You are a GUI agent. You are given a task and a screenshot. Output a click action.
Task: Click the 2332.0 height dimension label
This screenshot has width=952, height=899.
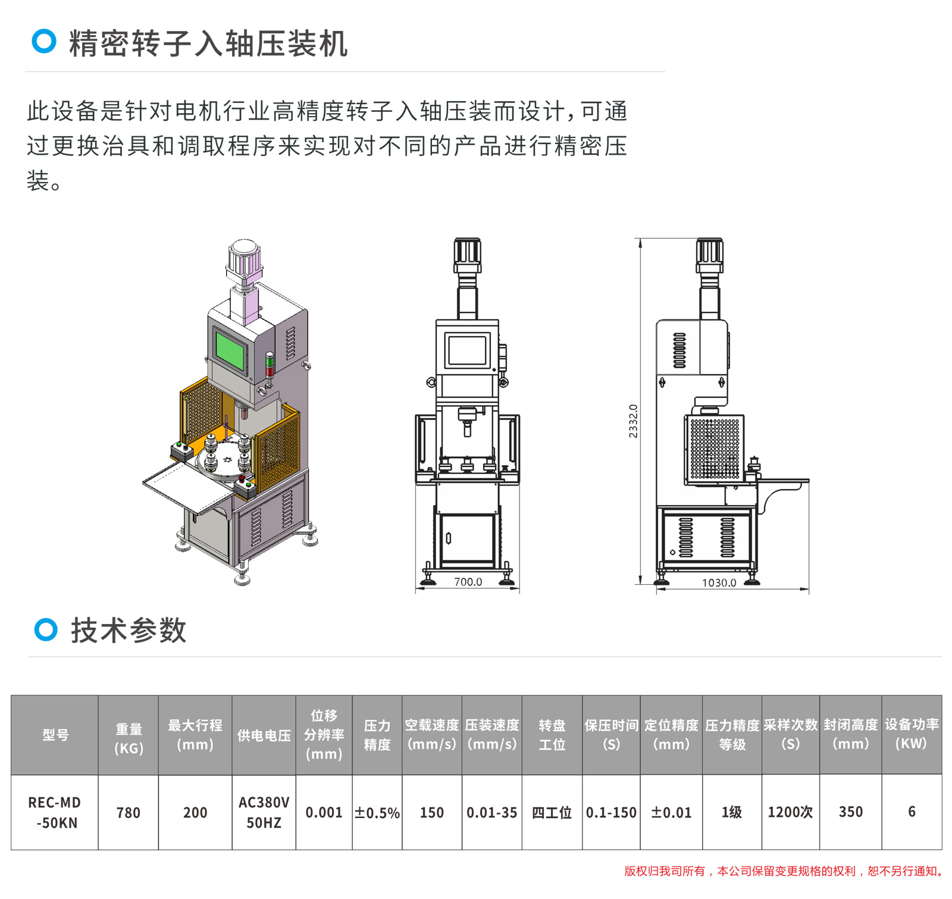coord(633,421)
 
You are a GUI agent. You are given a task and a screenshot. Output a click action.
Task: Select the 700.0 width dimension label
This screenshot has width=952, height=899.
coord(468,582)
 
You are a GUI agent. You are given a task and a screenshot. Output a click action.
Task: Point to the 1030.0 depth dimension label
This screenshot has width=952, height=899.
coord(719,582)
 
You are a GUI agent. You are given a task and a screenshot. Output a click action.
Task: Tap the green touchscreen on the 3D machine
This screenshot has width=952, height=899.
coord(230,350)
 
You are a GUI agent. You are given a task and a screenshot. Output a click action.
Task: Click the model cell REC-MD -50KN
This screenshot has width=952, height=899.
coord(55,812)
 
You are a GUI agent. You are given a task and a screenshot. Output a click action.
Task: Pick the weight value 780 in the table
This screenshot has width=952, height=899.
coord(129,813)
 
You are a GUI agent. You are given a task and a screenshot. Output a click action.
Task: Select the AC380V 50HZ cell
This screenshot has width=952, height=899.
coord(264,812)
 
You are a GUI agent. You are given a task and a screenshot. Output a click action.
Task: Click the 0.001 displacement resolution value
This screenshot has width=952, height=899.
coord(324,813)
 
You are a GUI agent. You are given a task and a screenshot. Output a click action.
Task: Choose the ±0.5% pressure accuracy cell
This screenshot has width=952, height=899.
coord(377,813)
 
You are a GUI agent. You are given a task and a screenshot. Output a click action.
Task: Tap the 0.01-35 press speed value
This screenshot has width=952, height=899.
coord(491,813)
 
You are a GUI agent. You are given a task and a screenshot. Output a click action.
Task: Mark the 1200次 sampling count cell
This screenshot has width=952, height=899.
coord(790,812)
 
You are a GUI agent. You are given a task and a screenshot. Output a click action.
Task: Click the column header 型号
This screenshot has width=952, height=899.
coord(55,735)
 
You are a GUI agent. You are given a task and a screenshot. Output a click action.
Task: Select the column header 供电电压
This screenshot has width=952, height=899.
coord(264,735)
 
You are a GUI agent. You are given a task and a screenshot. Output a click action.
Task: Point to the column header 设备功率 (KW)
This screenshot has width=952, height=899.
coord(912,734)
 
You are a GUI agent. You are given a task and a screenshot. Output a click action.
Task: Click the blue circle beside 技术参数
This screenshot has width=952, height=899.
coord(46,629)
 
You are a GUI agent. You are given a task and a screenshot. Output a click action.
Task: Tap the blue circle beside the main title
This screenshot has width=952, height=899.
coord(44,41)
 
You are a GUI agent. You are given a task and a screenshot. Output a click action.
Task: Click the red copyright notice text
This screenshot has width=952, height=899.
coord(784,871)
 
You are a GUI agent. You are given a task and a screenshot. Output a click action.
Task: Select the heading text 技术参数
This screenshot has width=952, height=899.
coord(129,630)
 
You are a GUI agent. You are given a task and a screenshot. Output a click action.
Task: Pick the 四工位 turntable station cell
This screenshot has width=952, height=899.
coord(552,813)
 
